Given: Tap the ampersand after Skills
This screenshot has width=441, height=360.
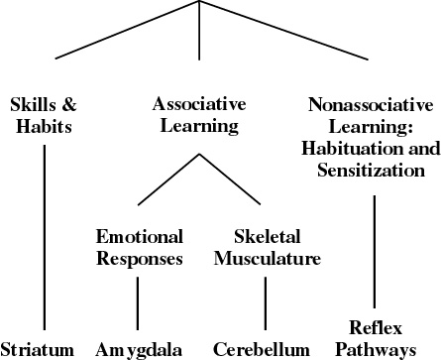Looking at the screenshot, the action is coord(69,104).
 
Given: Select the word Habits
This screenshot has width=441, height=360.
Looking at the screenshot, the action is coord(44,126).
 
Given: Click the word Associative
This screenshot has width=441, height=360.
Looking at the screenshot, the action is coord(199,104).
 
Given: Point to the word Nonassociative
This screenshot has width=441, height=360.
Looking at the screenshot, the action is coord(371,105).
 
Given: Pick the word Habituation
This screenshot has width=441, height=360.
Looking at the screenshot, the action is coord(353,148).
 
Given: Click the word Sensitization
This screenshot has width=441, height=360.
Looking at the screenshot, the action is coord(371,170).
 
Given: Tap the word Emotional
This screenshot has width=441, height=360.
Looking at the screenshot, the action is coord(140,237).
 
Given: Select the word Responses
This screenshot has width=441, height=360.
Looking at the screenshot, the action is coord(140,259).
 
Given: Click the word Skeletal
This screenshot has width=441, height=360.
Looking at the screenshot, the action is coord(268,237).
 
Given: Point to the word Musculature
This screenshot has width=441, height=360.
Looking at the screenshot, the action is coord(268,259).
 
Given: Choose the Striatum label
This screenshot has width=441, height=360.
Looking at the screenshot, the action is coord(38,350).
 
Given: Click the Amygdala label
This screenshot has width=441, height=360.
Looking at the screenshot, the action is coord(139,350).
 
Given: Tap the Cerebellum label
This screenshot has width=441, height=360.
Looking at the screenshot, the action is coord(262,350).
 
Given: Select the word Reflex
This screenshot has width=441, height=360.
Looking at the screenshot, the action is coord(376,328).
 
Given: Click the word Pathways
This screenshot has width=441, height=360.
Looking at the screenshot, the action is coord(376,350).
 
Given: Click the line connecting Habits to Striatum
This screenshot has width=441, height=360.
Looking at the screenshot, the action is coord(45,237).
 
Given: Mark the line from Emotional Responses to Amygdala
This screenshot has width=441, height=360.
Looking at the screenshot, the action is coord(138,303).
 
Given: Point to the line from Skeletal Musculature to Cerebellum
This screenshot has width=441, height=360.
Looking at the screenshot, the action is coord(266,303).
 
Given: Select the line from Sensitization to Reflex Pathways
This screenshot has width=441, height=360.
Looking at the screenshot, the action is coord(375,252).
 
